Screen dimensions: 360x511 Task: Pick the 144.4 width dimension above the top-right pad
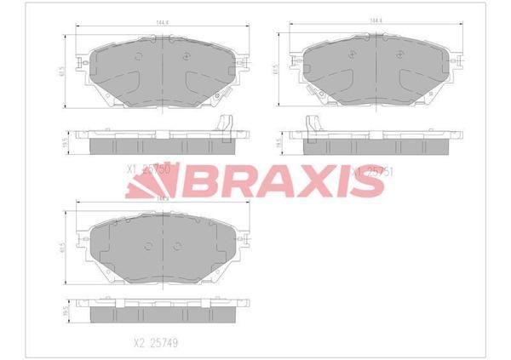click(372, 18)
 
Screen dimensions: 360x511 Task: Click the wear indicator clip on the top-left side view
click(227, 124)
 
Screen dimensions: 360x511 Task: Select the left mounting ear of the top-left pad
click(79, 64)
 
